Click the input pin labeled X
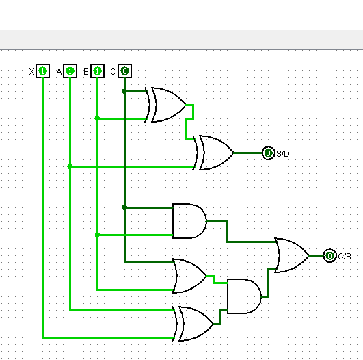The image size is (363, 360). tap(42, 70)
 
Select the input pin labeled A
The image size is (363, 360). tap(70, 70)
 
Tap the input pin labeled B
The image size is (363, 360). tap(97, 70)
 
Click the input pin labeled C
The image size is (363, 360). tap(124, 70)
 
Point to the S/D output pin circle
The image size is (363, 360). tap(268, 153)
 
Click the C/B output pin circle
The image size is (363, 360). tap(330, 255)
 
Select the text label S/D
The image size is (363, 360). tap(282, 153)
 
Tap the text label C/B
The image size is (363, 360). tap(344, 256)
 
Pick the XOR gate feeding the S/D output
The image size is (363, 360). tap(215, 153)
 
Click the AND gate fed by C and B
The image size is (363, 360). tap(189, 221)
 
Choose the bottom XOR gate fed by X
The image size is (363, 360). tap(195, 324)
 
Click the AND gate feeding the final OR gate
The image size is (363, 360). tap(243, 296)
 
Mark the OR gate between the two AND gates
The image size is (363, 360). tap(189, 276)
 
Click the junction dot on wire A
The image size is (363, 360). tap(70, 166)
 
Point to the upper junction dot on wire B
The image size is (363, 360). tap(97, 118)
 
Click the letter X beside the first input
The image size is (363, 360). tap(31, 71)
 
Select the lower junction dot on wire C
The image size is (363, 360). tap(124, 207)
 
